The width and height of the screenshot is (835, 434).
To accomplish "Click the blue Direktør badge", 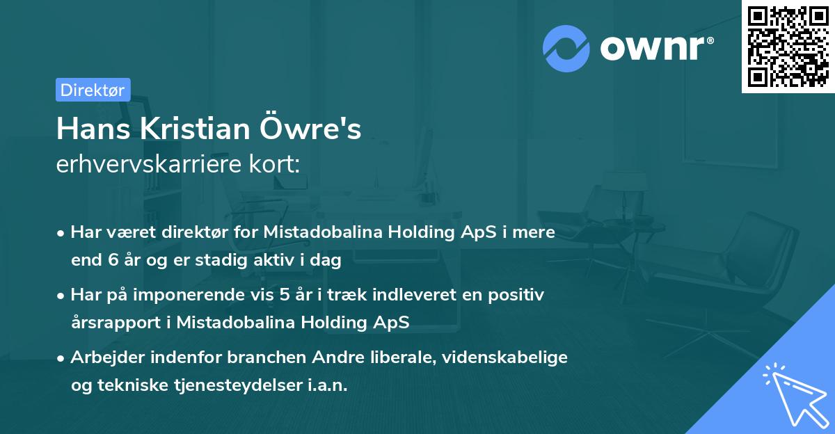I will [x=93, y=90].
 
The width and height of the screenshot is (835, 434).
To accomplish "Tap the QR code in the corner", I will [x=788, y=46].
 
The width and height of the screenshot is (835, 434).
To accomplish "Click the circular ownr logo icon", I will [x=566, y=49].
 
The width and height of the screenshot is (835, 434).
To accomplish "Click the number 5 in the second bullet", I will [x=284, y=294].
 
